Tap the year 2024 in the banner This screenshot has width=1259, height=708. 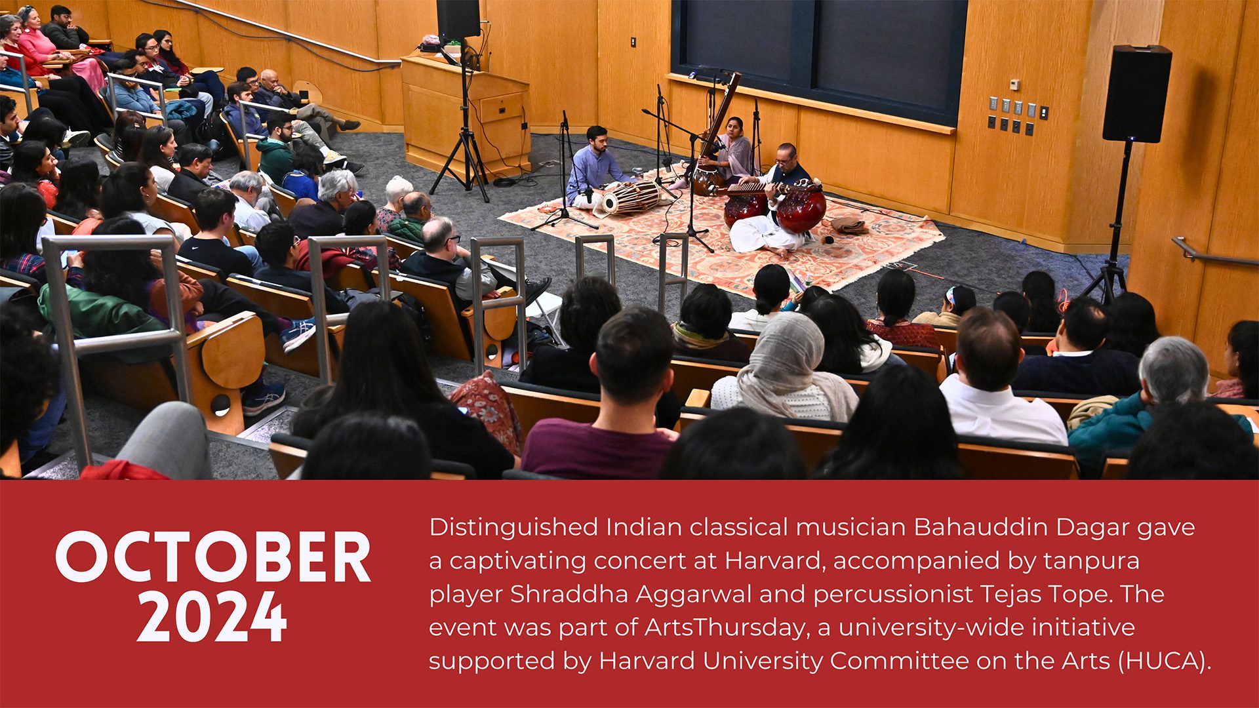click(212, 616)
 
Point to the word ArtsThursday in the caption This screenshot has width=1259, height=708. click(725, 627)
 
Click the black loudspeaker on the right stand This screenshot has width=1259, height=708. click(1136, 93)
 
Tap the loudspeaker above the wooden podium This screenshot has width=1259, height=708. click(458, 19)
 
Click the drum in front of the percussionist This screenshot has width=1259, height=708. click(631, 197)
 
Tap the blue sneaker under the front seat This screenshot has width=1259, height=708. click(263, 397)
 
